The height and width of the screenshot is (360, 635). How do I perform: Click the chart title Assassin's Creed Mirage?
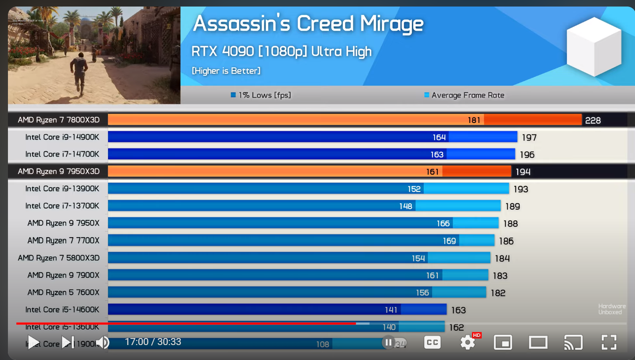[308, 24]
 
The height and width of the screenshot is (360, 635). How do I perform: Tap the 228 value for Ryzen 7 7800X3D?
[592, 120]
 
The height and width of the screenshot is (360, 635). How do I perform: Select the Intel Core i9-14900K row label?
[62, 137]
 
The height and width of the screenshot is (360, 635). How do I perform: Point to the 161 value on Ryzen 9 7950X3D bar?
[433, 172]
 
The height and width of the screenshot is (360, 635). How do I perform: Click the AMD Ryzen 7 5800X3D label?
[59, 258]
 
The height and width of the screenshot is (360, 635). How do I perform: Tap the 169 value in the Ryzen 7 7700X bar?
[449, 241]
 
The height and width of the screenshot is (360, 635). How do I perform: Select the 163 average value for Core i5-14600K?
[458, 310]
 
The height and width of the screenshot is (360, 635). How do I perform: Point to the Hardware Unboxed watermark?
[612, 309]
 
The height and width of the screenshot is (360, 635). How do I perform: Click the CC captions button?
[433, 342]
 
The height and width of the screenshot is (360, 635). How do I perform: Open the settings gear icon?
[468, 342]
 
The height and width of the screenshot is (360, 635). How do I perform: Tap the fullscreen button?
[609, 342]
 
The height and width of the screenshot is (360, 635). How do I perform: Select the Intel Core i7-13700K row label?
[62, 206]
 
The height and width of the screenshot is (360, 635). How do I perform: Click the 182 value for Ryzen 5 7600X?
[498, 293]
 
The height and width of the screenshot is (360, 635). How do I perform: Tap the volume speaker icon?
[103, 342]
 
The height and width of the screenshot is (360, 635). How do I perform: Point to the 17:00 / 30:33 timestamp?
[153, 342]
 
